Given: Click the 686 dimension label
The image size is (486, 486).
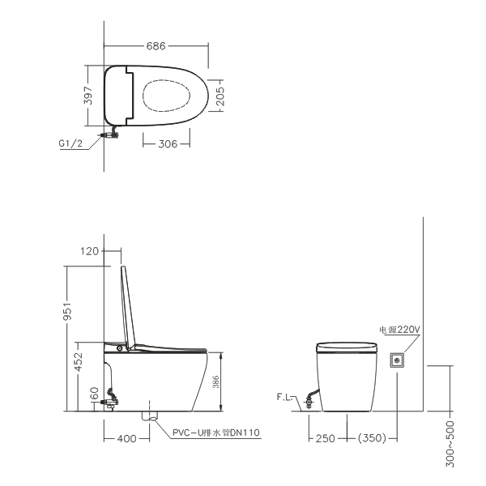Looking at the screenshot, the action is point(156,46).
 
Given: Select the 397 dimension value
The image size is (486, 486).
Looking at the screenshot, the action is point(88,96).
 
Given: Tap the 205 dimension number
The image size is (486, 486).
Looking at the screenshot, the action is point(220,96).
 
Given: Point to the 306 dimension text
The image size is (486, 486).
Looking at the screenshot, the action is point(168,144).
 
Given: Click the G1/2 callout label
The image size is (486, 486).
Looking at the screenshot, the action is point(70,143).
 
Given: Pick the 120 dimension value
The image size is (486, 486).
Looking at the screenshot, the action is point(89,251).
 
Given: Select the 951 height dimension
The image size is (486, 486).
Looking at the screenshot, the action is point(67,311).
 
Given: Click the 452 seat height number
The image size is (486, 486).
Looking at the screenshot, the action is point(79,361).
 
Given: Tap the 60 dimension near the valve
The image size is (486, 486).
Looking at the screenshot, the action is point(95,394).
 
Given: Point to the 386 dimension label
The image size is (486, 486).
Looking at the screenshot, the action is point(216,382).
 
